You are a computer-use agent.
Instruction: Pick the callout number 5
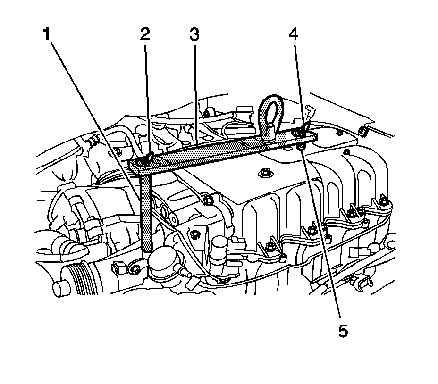click(x=343, y=331)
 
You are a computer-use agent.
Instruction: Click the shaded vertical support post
click(x=147, y=212)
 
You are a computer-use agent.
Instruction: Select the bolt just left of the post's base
click(x=135, y=269)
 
